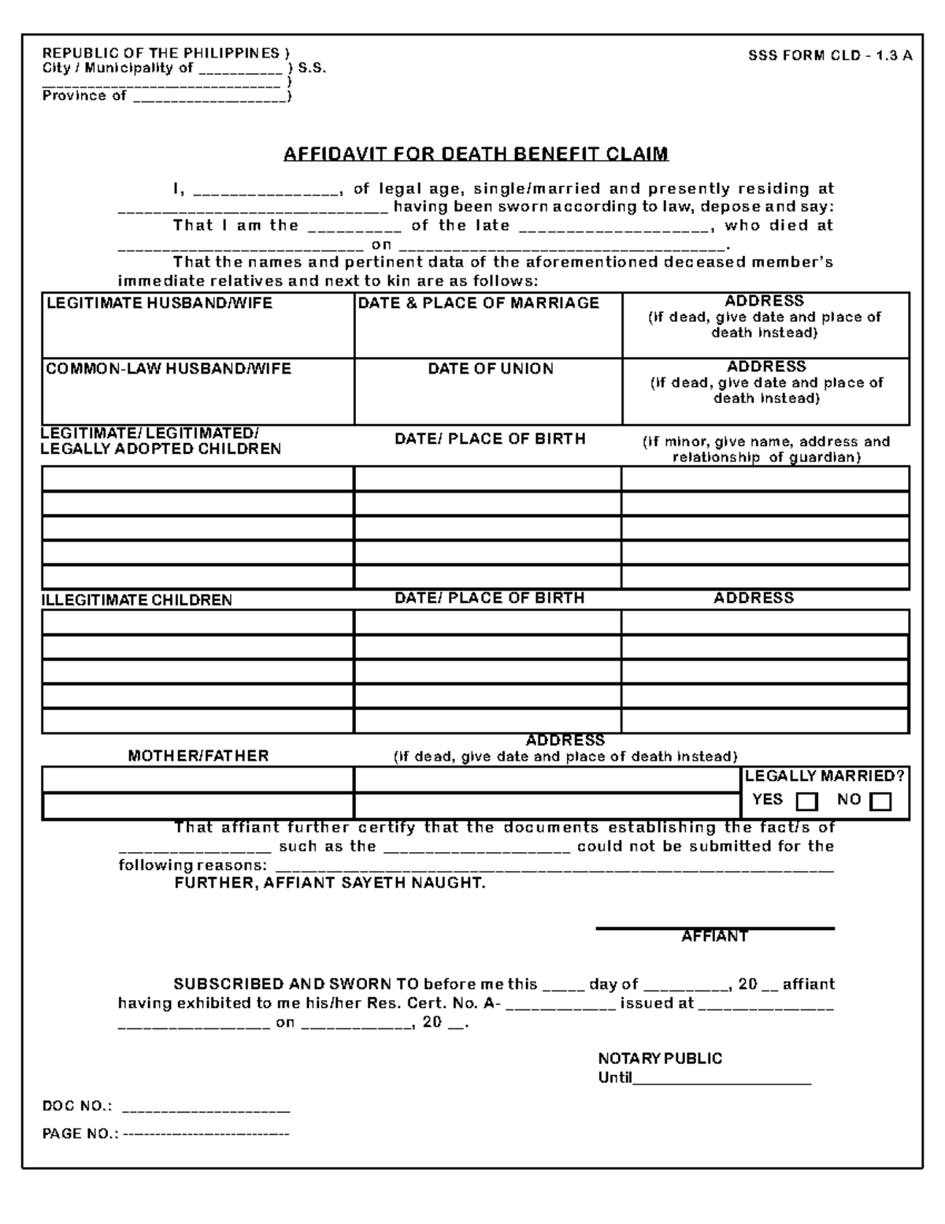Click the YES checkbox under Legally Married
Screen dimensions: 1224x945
coord(807,802)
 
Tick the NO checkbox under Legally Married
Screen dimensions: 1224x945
coord(880,802)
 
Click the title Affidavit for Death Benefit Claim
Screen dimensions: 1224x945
coord(476,154)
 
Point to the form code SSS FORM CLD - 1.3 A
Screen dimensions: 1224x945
coord(830,55)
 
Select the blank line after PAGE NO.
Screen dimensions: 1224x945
coord(206,1134)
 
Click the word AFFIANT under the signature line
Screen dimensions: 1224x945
coord(714,936)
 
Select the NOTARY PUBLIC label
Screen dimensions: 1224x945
coord(660,1058)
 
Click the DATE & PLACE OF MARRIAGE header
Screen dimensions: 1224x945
coord(478,303)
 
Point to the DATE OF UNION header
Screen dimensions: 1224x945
coord(491,369)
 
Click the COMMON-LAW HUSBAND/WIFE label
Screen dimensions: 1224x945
coord(169,369)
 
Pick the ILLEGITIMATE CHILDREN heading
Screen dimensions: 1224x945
coord(137,600)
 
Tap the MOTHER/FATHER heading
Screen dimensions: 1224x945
coord(198,756)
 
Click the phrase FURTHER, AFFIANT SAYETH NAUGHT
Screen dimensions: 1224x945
coord(330,884)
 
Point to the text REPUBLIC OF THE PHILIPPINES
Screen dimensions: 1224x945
coord(161,53)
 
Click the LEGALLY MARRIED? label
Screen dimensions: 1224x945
coord(825,776)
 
